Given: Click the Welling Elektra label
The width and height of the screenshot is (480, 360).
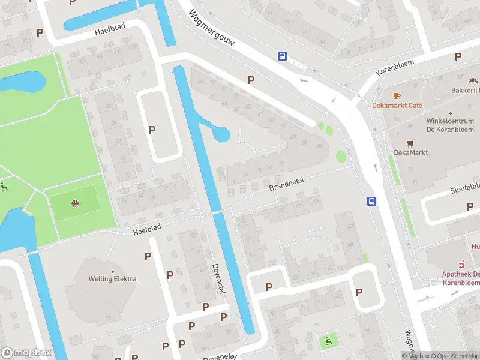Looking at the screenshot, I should tap(112, 279).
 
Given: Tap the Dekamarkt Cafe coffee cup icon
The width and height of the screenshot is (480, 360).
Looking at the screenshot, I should tap(396, 95).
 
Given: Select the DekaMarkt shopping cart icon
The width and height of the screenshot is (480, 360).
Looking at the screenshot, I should tap(410, 143).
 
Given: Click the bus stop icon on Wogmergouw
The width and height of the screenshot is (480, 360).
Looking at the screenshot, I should tap(282, 56).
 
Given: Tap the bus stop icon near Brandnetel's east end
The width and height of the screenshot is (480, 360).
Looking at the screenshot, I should tap(371, 202).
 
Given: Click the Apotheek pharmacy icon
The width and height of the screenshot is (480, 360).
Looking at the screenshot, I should tap(461, 263).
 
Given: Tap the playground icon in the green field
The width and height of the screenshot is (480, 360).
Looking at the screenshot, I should tap(75, 203).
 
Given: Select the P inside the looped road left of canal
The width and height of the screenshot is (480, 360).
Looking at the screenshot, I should tap(152, 129).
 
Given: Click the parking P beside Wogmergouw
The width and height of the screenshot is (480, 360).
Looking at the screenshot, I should tap(251, 80).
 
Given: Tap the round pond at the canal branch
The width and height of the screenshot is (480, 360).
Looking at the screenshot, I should tap(222, 134).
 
